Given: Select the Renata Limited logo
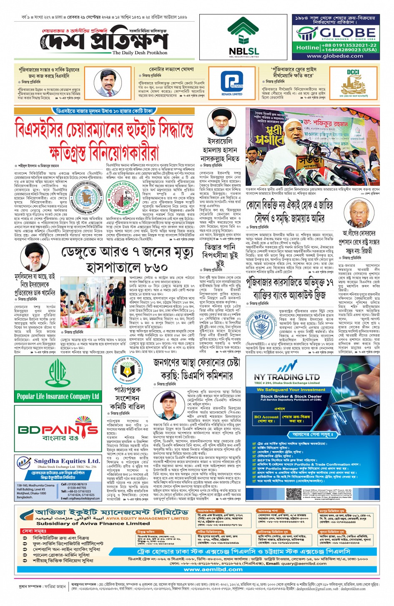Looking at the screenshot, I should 232,83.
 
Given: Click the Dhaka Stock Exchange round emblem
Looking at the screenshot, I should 123,196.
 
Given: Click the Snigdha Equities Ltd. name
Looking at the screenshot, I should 66,461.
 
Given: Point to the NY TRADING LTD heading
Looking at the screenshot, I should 287,377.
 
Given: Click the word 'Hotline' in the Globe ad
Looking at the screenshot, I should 307,47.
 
